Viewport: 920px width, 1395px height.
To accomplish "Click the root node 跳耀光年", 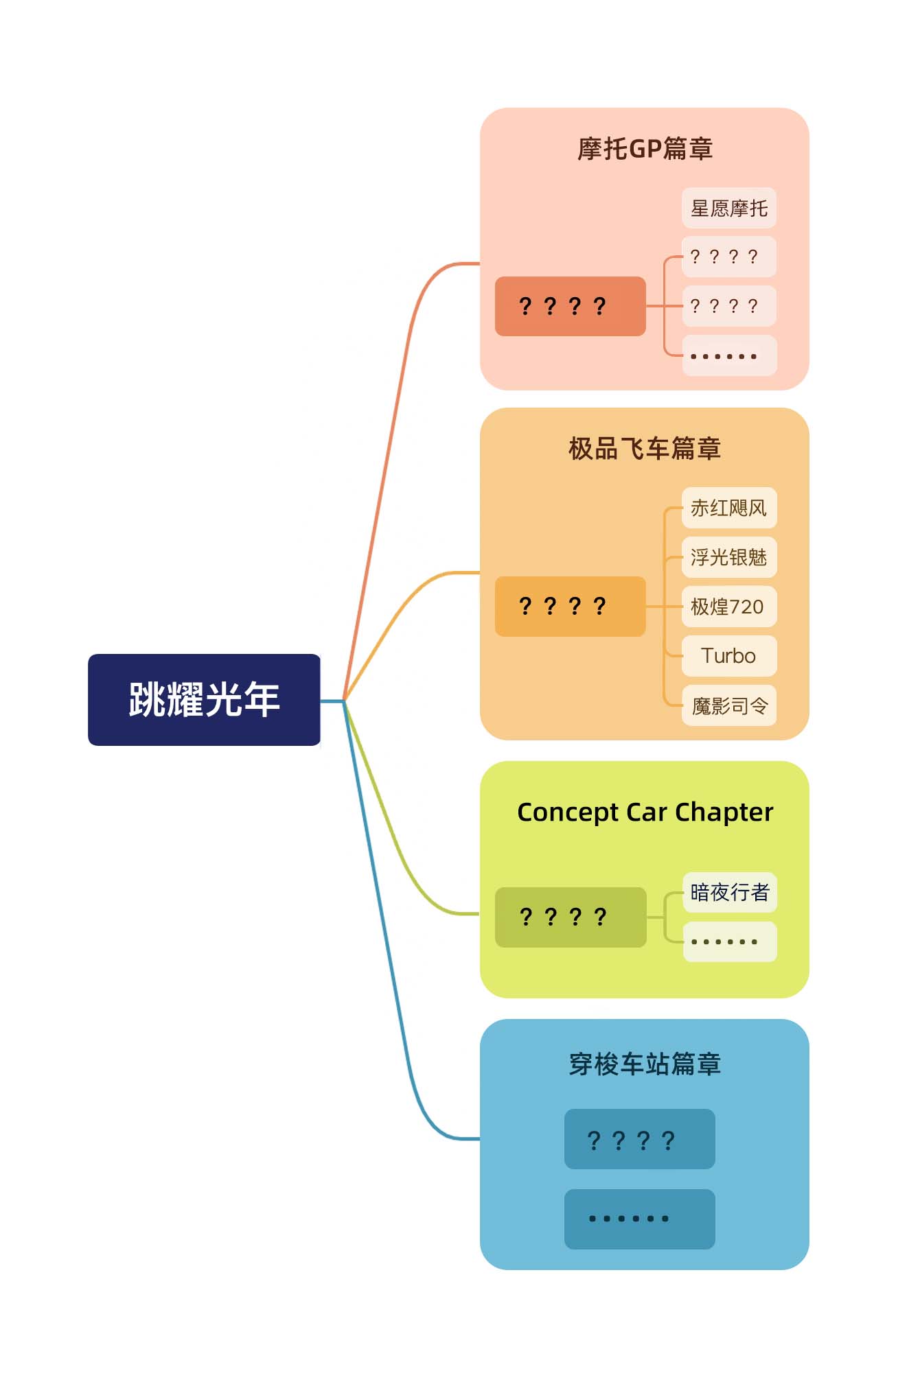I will pyautogui.click(x=204, y=699).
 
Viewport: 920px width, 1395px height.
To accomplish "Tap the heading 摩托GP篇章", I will pyautogui.click(x=645, y=149).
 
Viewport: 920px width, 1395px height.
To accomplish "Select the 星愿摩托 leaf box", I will pyautogui.click(x=728, y=208).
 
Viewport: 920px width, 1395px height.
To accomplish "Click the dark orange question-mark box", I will pyautogui.click(x=570, y=306).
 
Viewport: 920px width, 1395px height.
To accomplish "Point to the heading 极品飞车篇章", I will pyautogui.click(x=645, y=449).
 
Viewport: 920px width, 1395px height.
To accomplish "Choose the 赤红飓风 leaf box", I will pyautogui.click(x=728, y=508).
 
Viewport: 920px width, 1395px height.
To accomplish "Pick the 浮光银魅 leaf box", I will pyautogui.click(x=728, y=557).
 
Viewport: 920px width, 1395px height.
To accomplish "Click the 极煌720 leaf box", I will pyautogui.click(x=728, y=607).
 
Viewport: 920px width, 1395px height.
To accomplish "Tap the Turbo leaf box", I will pyautogui.click(x=728, y=656).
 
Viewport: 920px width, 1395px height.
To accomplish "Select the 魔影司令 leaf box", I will pyautogui.click(x=728, y=705).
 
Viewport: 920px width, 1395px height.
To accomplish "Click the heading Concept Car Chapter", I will pyautogui.click(x=645, y=812).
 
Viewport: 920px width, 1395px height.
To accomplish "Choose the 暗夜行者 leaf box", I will pyautogui.click(x=729, y=892).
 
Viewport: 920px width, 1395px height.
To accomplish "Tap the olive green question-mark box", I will pyautogui.click(x=570, y=917).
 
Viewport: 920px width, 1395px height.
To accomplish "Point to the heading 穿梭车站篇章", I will pyautogui.click(x=645, y=1064).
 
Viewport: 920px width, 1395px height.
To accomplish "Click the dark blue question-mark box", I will pyautogui.click(x=639, y=1139).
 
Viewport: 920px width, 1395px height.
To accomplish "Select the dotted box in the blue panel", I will pyautogui.click(x=639, y=1219).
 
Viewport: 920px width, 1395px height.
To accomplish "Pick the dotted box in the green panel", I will pyautogui.click(x=729, y=941).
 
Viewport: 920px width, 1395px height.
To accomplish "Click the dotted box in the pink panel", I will pyautogui.click(x=728, y=355).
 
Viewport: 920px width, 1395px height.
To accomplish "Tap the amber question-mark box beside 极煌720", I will pyautogui.click(x=570, y=607).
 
